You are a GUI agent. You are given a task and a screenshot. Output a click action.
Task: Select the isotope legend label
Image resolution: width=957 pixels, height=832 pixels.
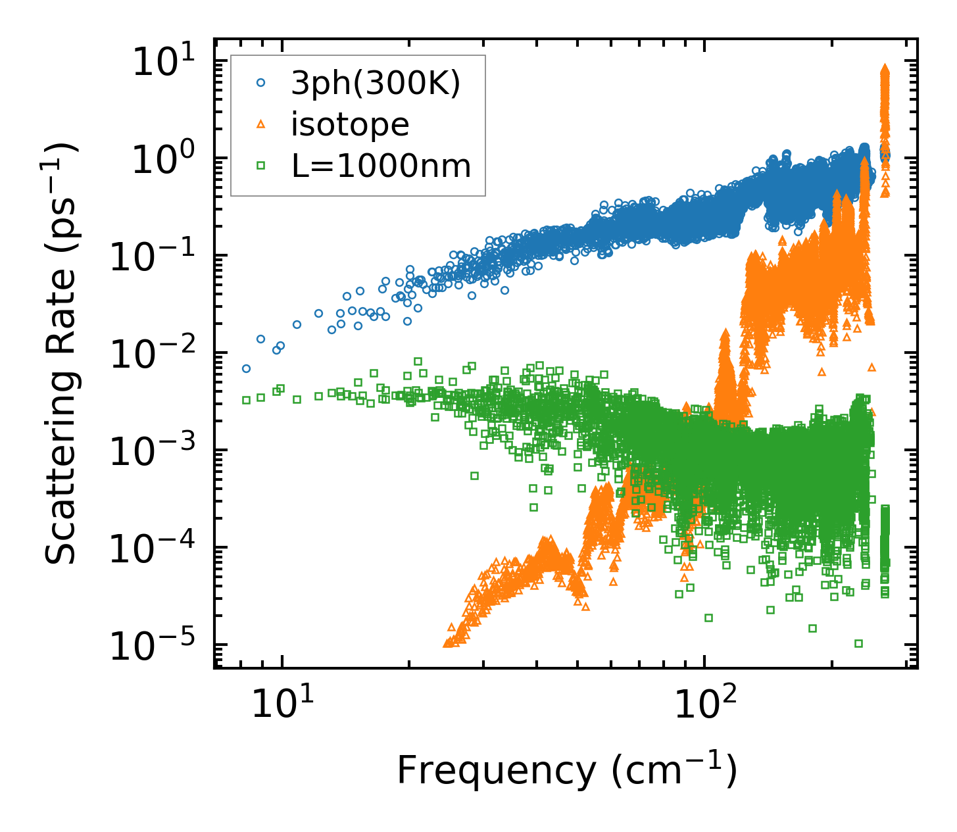click(350, 124)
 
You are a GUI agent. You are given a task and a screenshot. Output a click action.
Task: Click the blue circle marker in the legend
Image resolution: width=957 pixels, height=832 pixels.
click(260, 83)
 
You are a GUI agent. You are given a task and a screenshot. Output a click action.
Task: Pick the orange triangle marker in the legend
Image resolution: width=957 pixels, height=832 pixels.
click(260, 124)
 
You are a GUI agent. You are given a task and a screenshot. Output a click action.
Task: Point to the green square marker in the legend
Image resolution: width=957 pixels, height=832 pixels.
click(260, 166)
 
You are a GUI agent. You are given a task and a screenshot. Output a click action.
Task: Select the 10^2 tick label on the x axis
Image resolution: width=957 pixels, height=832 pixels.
click(705, 702)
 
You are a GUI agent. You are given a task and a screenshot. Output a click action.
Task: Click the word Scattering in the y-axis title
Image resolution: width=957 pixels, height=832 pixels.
click(61, 464)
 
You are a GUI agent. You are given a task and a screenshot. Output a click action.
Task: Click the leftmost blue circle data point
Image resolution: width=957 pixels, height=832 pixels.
click(246, 368)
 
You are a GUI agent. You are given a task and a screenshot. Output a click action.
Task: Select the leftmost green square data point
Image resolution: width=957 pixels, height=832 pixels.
click(246, 400)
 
